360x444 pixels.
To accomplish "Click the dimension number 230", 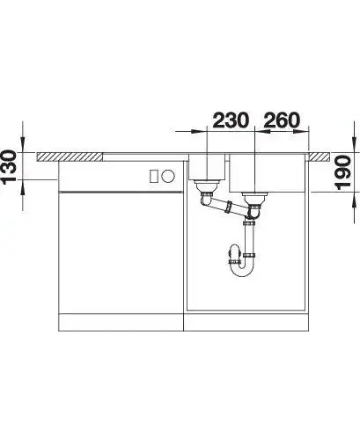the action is tap(231, 120).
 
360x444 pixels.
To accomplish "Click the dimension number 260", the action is tap(282, 120).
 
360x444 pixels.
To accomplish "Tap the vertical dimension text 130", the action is tap(8, 167).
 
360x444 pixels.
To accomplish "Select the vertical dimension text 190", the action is tap(342, 172).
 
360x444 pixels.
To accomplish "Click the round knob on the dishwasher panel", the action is tap(168, 176).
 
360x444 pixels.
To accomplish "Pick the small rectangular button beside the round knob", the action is tap(154, 176).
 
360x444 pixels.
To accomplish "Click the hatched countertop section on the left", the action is tap(70, 156).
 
